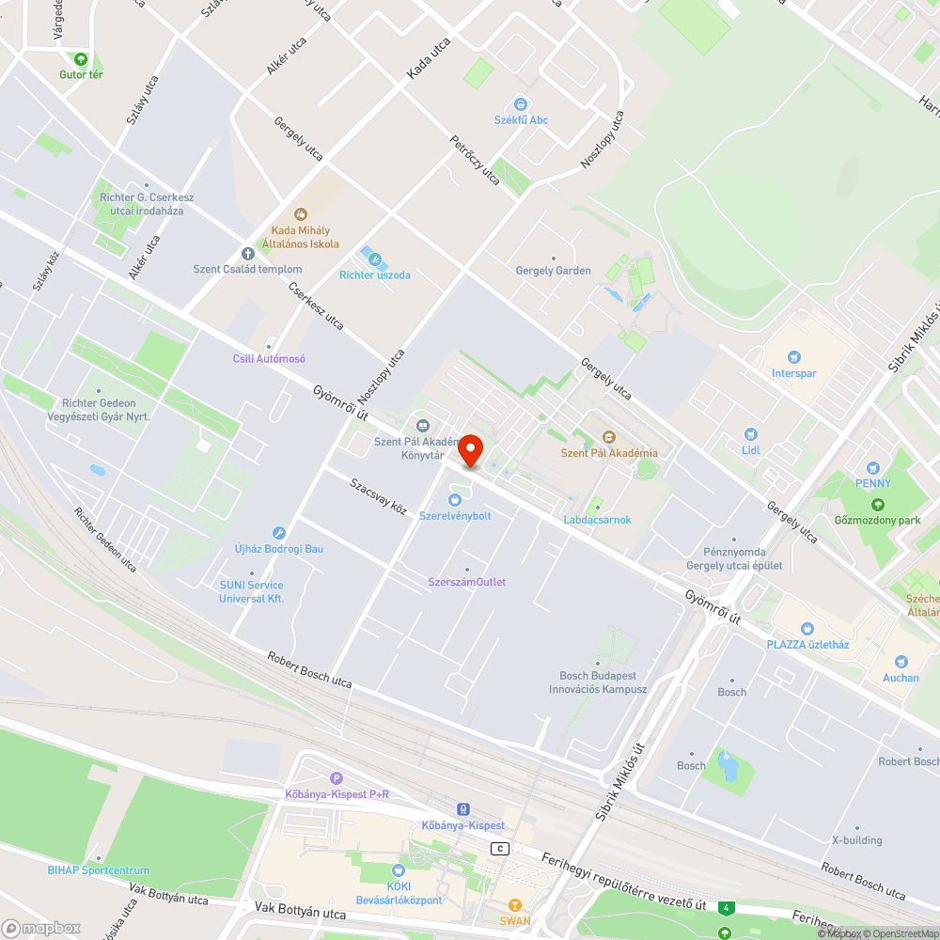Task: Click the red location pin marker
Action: pyautogui.click(x=469, y=451)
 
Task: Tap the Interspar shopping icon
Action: pyautogui.click(x=794, y=356)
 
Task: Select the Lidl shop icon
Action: pyautogui.click(x=750, y=433)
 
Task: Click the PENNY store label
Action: pyautogui.click(x=872, y=483)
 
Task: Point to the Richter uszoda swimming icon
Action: pyautogui.click(x=368, y=257)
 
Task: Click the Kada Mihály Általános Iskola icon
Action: pyautogui.click(x=301, y=214)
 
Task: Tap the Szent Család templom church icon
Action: pyautogui.click(x=248, y=253)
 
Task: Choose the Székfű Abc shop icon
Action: pyautogui.click(x=520, y=103)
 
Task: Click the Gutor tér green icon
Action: pyautogui.click(x=81, y=58)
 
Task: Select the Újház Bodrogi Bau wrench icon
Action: pyautogui.click(x=278, y=532)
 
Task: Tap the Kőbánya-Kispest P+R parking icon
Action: pyautogui.click(x=337, y=778)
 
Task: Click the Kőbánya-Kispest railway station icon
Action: pyautogui.click(x=462, y=809)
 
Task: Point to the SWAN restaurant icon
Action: pyautogui.click(x=514, y=905)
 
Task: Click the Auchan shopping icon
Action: pyautogui.click(x=901, y=662)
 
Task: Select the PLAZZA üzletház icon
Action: pyautogui.click(x=807, y=628)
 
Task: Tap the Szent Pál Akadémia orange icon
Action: pyautogui.click(x=608, y=437)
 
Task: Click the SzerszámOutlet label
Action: pyautogui.click(x=467, y=582)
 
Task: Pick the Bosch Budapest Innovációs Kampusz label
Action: pyautogui.click(x=598, y=682)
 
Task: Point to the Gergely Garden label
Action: pyautogui.click(x=554, y=271)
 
